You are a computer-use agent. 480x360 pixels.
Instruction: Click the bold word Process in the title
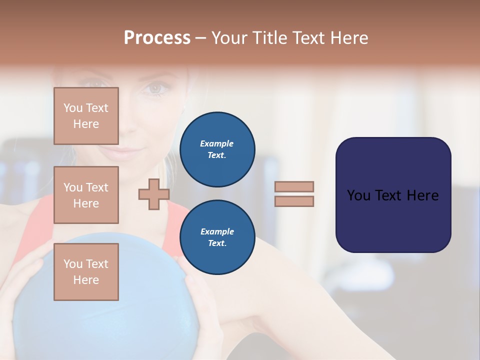click(x=157, y=38)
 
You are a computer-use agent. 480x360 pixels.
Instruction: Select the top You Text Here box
click(x=86, y=116)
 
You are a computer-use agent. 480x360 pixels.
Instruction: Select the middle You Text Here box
click(x=86, y=195)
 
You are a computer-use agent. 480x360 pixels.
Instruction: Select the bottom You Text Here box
click(x=86, y=271)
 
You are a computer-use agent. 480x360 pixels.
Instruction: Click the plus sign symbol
click(x=153, y=194)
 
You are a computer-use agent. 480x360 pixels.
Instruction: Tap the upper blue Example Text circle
click(x=217, y=149)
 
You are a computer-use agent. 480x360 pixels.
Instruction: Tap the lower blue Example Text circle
click(x=217, y=237)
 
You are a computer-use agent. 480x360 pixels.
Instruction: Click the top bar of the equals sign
click(x=294, y=186)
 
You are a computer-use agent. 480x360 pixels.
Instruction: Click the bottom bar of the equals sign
click(x=294, y=201)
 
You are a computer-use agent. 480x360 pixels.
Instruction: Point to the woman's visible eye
click(x=155, y=88)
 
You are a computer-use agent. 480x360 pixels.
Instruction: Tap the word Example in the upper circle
click(x=217, y=143)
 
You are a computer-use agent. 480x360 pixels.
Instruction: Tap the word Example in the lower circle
click(x=217, y=231)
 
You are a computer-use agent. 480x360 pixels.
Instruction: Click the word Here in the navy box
click(x=422, y=195)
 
